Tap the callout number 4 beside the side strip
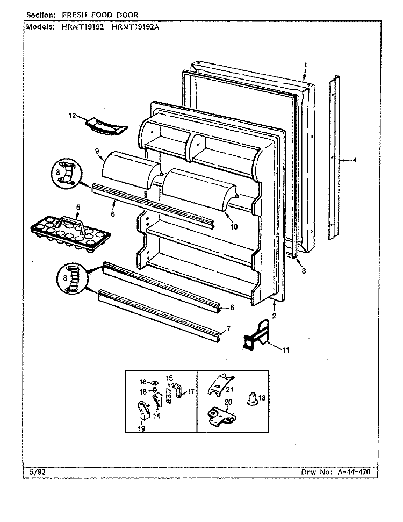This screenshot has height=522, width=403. (x=355, y=160)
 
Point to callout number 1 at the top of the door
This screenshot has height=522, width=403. (x=306, y=65)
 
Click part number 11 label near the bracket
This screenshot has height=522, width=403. (x=286, y=350)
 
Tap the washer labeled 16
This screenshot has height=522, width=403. (x=155, y=383)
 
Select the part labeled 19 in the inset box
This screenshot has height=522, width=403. (x=143, y=410)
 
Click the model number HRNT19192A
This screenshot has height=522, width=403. (x=135, y=27)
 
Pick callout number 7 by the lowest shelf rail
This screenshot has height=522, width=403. (x=228, y=329)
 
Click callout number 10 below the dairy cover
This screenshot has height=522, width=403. (x=234, y=227)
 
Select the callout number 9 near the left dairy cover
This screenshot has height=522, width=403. (x=97, y=151)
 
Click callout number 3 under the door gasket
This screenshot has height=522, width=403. (x=304, y=270)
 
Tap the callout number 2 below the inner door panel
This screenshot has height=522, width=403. (x=274, y=316)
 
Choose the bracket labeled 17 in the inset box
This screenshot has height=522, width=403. (x=179, y=391)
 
